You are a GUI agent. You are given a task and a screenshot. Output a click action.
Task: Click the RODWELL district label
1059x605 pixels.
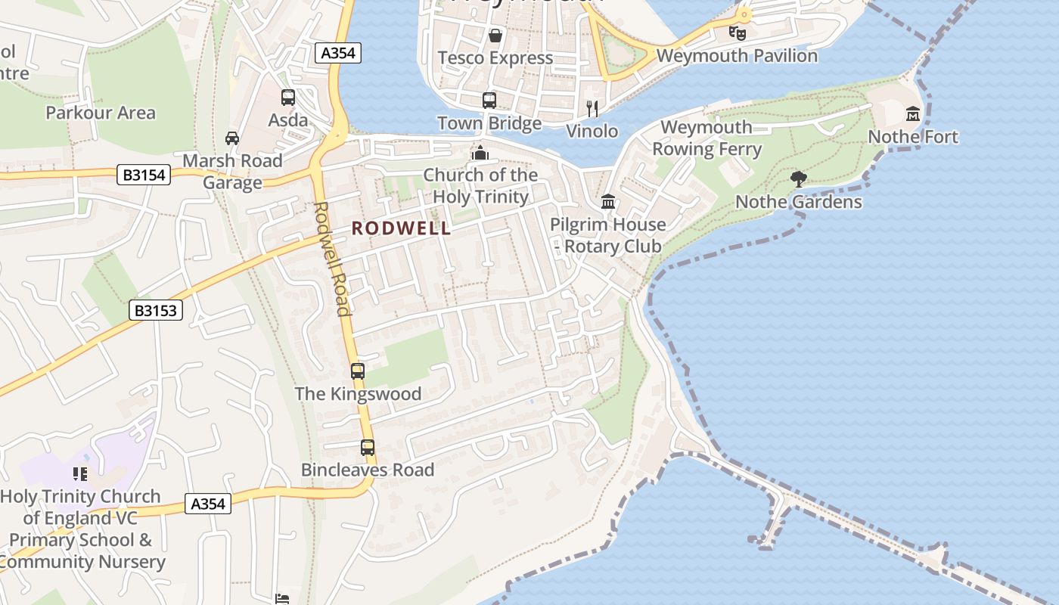pos(401,228)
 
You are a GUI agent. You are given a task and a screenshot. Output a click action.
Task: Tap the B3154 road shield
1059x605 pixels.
pos(144,175)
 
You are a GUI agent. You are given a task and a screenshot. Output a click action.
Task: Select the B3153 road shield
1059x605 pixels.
pos(156,309)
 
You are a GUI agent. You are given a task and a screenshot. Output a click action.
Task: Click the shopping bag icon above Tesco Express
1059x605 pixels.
pos(495,36)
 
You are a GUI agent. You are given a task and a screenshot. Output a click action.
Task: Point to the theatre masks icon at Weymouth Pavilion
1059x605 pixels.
pos(737,33)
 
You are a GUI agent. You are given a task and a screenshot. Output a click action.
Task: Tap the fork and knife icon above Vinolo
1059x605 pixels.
pos(592,109)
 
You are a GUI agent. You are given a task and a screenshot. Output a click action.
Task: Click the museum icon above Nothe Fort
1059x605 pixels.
pos(913,114)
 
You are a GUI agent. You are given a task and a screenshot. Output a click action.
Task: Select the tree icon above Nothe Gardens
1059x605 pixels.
pos(798,179)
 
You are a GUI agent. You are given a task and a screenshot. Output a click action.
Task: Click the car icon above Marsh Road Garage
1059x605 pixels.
pos(232,138)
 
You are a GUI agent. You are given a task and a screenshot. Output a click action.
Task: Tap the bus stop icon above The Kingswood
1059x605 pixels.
pos(358,371)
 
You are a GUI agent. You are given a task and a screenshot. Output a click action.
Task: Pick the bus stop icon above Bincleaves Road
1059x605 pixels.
pos(368,447)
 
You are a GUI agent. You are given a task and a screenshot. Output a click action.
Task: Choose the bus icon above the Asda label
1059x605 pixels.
pos(288,98)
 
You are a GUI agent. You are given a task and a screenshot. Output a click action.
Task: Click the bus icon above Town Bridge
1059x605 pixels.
pos(489,100)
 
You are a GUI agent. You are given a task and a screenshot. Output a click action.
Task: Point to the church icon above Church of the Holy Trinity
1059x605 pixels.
pos(480,153)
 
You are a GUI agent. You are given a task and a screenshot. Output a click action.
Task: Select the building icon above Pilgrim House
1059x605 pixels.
pos(608,202)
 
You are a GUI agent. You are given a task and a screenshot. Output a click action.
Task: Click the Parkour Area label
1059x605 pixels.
pos(101,113)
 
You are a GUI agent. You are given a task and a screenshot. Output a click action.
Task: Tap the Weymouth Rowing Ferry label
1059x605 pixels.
pos(707,138)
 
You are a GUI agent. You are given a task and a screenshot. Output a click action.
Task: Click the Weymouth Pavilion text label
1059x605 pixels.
pos(737,56)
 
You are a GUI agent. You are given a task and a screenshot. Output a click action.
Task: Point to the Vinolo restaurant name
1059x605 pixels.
pos(592,132)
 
